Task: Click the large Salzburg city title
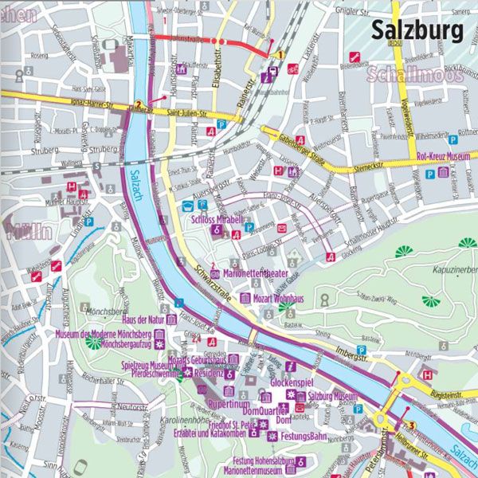point(417,31)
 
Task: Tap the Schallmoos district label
point(403,76)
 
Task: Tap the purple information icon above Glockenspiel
point(292,366)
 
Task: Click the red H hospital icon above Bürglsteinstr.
point(428,374)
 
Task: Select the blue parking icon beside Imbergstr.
point(361,350)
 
